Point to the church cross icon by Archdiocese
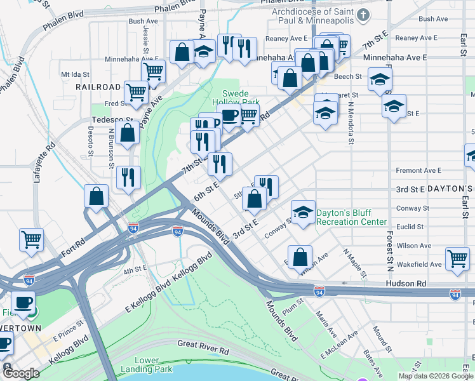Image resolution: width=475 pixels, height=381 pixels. [363, 15]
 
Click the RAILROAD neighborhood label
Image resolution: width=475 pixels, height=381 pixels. [98, 86]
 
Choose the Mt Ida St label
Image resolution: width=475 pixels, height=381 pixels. [74, 74]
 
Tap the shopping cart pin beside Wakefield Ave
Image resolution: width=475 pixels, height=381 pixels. [457, 259]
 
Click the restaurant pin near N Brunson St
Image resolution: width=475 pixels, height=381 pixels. [128, 177]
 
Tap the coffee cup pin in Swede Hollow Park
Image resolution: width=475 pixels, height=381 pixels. [229, 116]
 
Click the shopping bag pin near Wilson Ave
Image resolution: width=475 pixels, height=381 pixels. [300, 257]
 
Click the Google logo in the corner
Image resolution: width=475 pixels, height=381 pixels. [21, 373]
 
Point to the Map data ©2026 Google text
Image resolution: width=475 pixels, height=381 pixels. [436, 376]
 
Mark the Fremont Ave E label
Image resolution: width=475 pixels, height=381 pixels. [418, 170]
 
